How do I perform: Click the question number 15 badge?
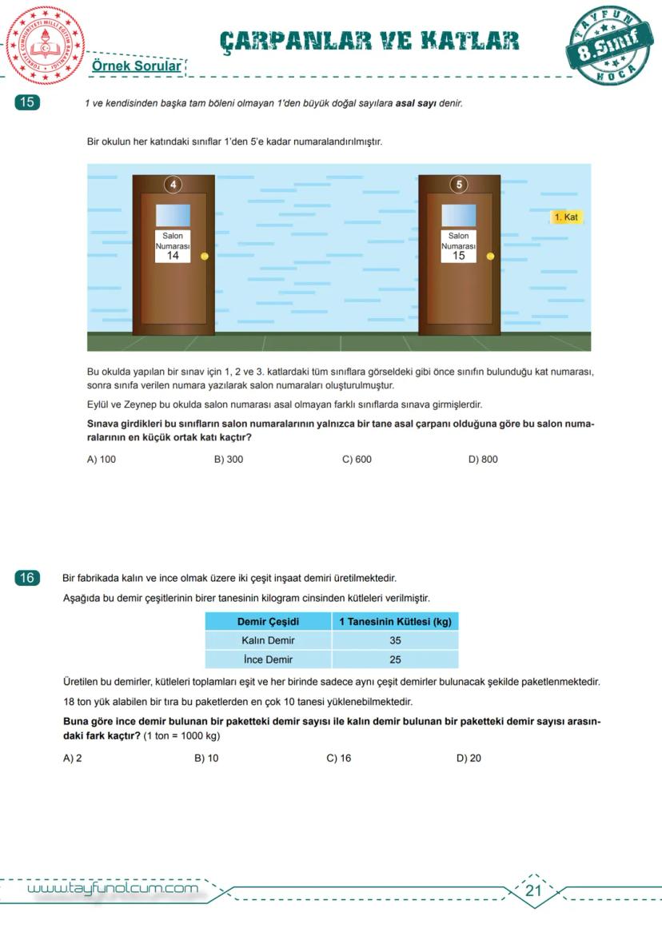pos(27,102)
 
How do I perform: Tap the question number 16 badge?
pos(27,578)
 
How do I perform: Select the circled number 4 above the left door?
pos(173,185)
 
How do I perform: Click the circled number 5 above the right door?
pos(459,185)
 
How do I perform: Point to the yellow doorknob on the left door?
pos(205,257)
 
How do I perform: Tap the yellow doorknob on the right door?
pos(490,257)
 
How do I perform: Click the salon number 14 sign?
pos(173,246)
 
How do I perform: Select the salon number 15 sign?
pos(459,246)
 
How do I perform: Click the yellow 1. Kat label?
pos(566,217)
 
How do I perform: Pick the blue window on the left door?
pos(173,215)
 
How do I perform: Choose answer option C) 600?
pos(357,460)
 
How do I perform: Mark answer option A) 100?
pos(102,460)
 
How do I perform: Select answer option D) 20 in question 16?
pos(469,759)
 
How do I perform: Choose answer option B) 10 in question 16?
pos(206,759)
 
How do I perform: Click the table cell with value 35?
pos(395,640)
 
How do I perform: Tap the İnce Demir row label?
pos(268,659)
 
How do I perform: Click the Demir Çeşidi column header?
pos(268,622)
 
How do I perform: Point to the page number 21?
pos(534,891)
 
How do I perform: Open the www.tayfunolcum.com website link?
pos(113,889)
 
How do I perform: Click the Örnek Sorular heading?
pos(136,66)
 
